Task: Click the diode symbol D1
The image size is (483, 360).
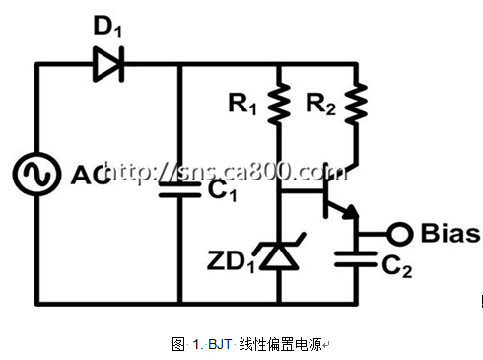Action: point(108,64)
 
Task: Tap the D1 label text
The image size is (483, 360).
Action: point(107,27)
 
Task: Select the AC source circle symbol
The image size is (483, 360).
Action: point(36,175)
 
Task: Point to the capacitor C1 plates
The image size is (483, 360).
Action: point(179,189)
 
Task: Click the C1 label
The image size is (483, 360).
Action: point(222,190)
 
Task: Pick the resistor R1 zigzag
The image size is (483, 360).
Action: point(279,104)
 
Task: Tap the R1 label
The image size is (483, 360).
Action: point(242,104)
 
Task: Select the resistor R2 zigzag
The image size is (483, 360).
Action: point(356,104)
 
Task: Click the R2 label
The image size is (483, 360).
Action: point(320,104)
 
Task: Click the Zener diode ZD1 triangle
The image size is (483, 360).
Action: point(279,255)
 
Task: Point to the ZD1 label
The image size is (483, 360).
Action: point(231,262)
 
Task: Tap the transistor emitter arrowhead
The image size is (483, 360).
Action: point(351,212)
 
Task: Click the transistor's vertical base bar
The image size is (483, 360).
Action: point(325,190)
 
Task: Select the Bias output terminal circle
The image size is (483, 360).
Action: point(399,234)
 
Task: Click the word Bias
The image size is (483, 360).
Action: point(450,233)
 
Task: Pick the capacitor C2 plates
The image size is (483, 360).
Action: point(356,259)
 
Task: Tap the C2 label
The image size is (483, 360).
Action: point(397,266)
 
